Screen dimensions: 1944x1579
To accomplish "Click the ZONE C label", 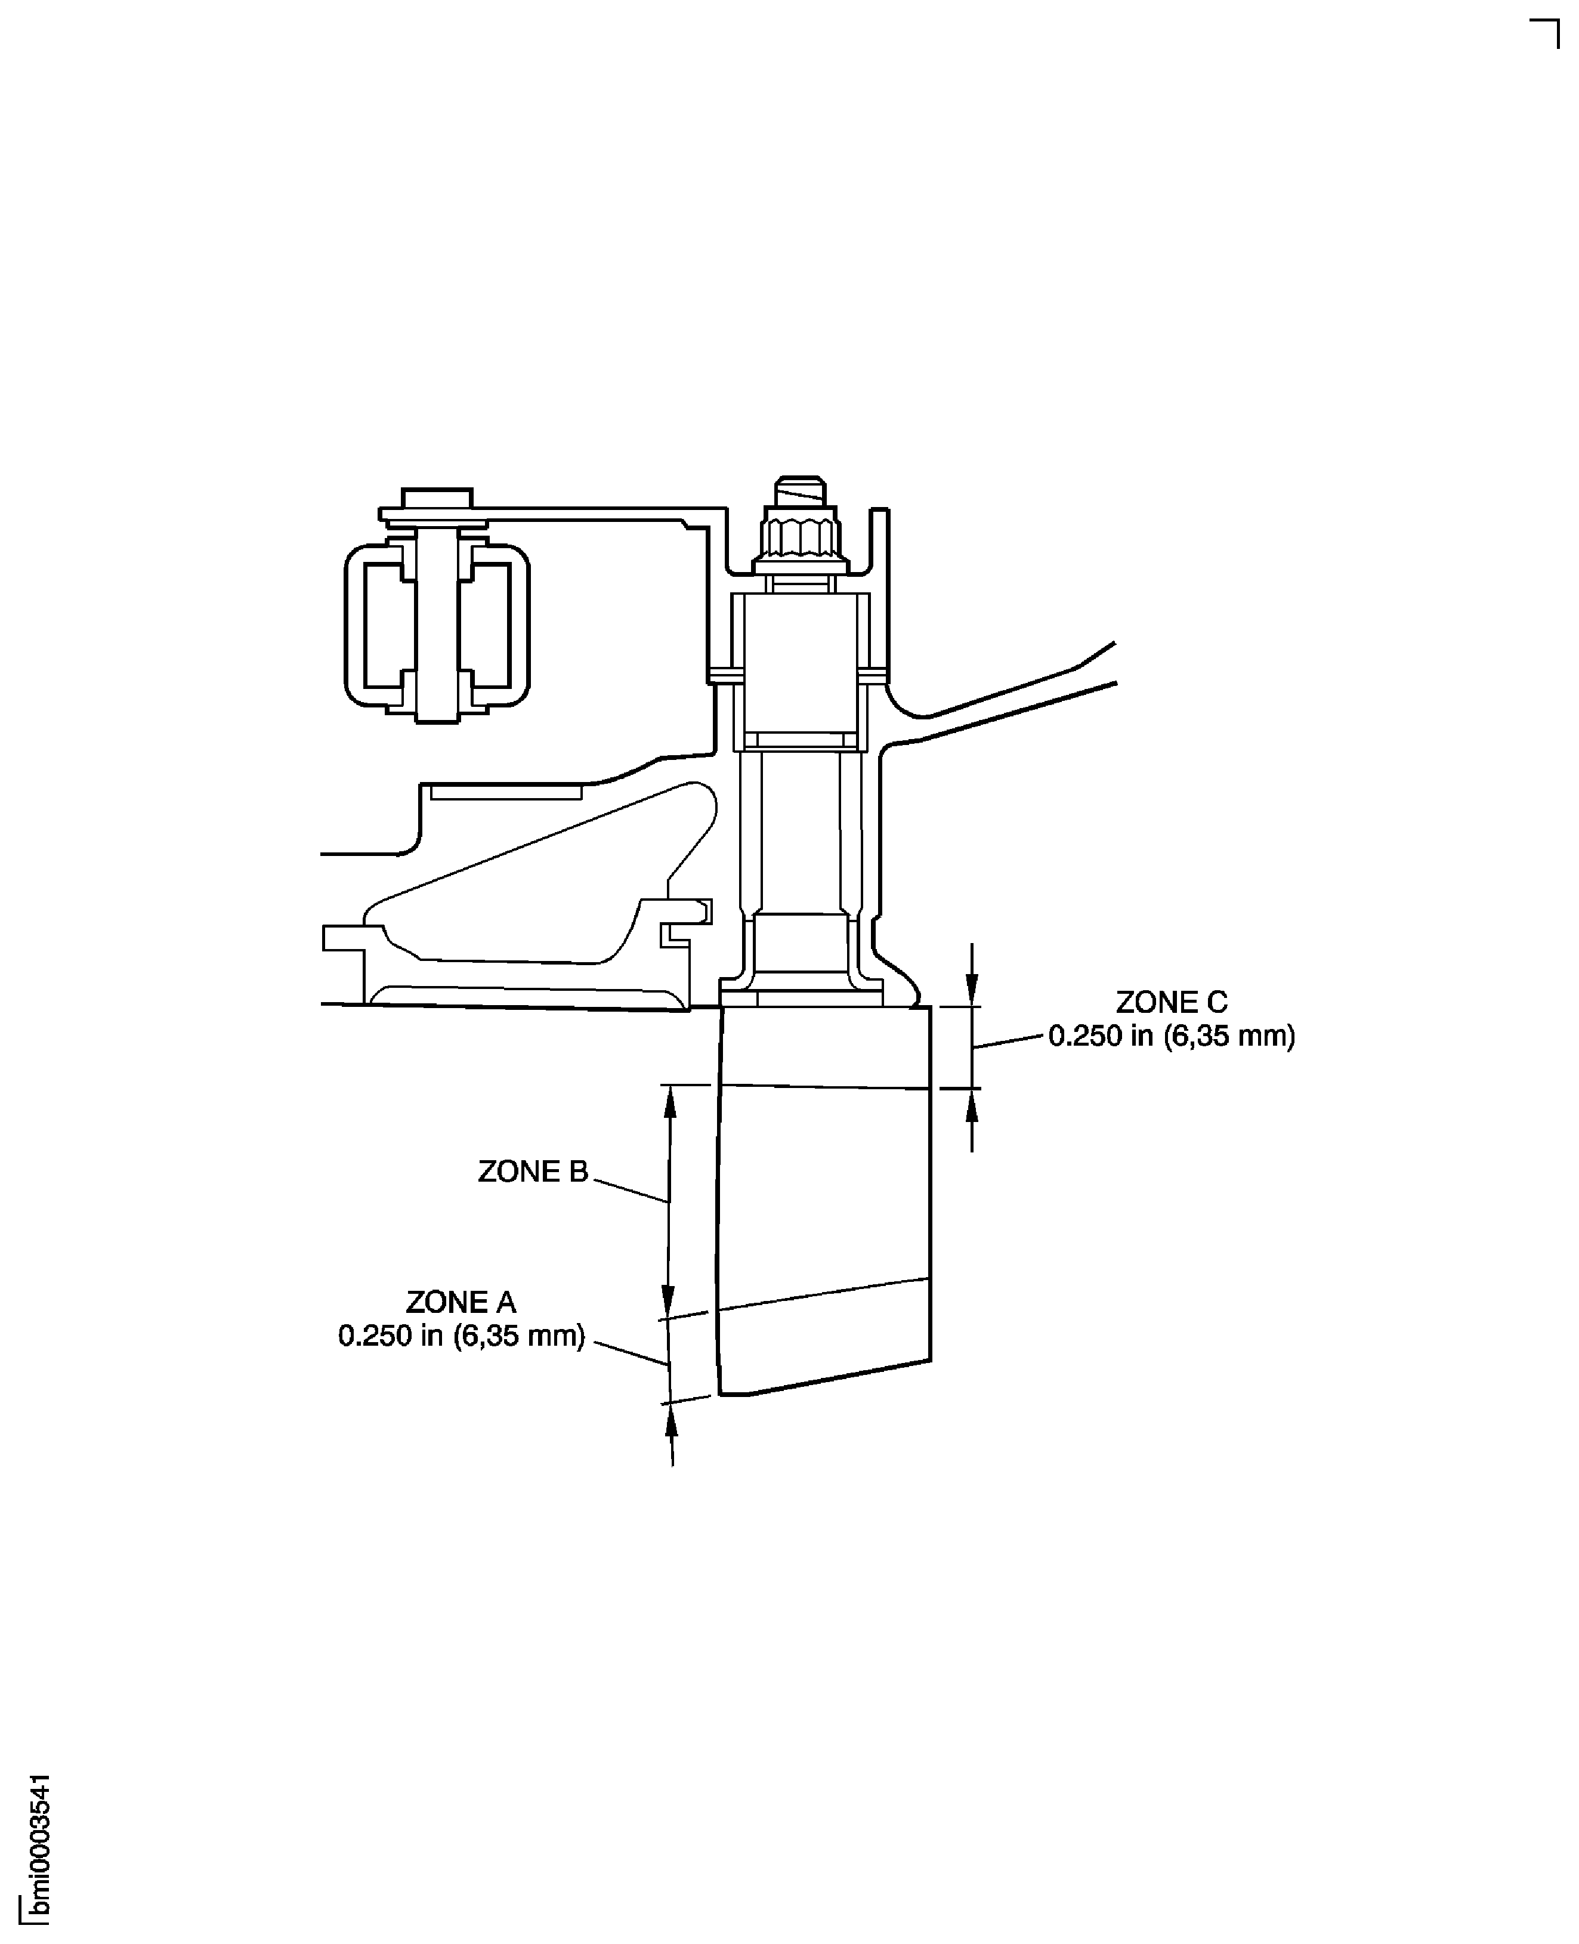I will (1172, 1003).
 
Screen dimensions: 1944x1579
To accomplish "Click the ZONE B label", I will (533, 1172).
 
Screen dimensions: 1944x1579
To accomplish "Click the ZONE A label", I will (461, 1303).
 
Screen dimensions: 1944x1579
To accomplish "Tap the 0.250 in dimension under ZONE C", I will (1172, 1036).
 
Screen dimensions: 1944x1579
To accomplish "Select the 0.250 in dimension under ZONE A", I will (461, 1336).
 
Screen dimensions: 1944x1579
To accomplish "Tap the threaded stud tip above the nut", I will (799, 492).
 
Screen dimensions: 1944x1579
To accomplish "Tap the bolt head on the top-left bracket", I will (437, 499).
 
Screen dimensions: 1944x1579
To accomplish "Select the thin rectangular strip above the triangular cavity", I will (506, 793).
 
